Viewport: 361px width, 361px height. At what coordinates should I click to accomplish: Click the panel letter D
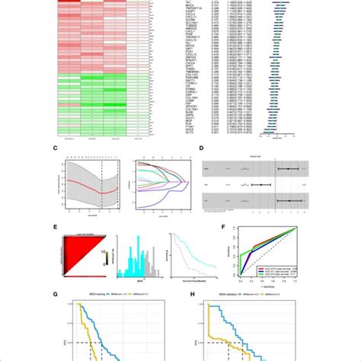(x=200, y=149)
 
